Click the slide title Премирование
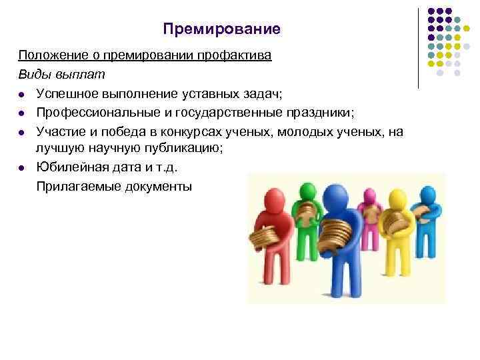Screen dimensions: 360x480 click(x=222, y=30)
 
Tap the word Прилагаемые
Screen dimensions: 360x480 click(x=76, y=187)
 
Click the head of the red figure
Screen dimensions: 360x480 click(x=275, y=199)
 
